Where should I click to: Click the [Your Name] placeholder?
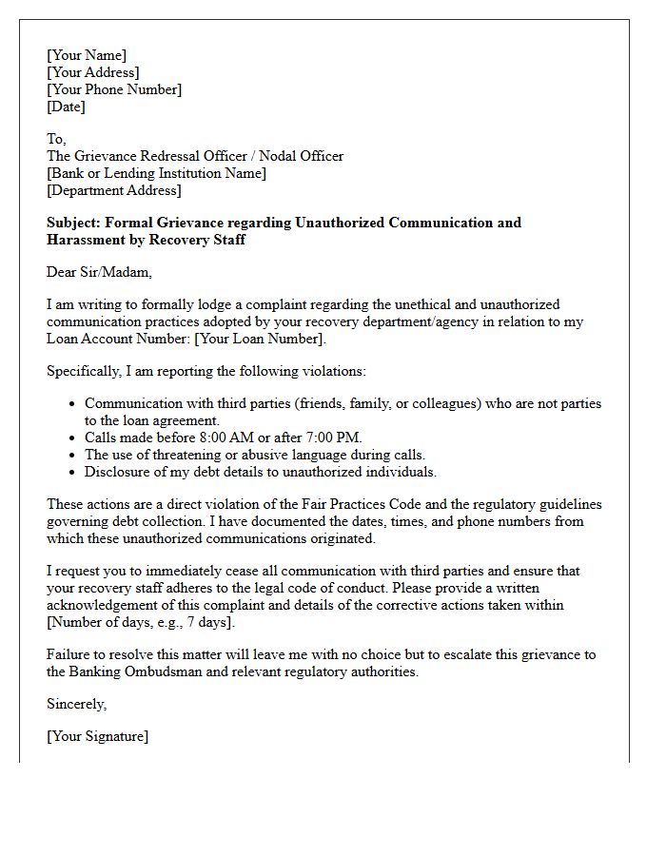tap(87, 55)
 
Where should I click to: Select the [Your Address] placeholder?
tap(93, 72)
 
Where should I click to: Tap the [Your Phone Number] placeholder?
tap(114, 89)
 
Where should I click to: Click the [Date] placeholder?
tap(66, 107)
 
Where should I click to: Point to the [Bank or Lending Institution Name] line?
tap(156, 173)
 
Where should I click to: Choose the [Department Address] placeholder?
tap(114, 190)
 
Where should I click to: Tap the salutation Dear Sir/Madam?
tap(99, 272)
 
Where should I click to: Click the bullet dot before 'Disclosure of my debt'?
tap(72, 472)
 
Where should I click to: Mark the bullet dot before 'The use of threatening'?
tap(72, 455)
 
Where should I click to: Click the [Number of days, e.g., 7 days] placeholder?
tap(140, 622)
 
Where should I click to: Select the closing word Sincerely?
tap(77, 704)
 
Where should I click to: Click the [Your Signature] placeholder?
tap(97, 736)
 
